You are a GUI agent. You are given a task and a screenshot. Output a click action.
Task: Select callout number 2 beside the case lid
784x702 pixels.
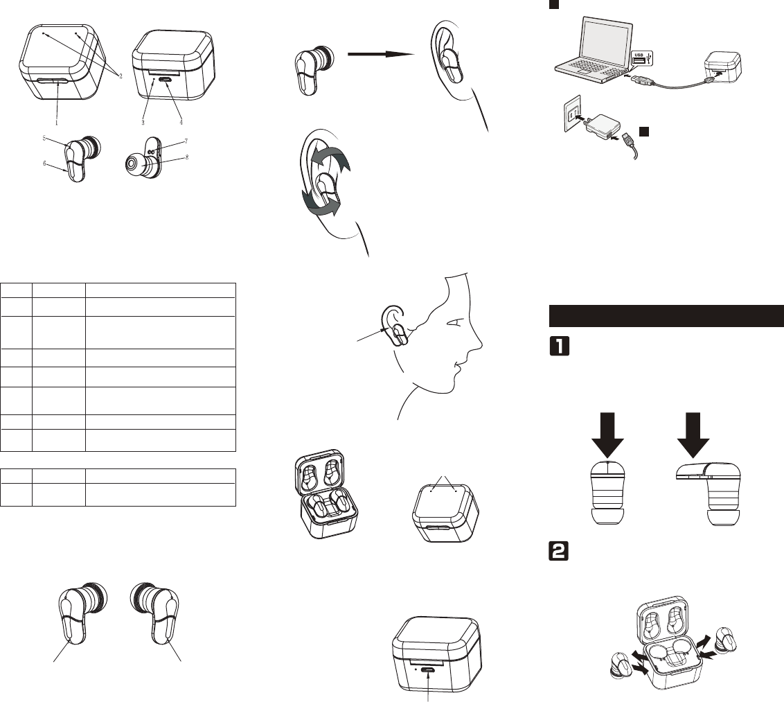[121, 76]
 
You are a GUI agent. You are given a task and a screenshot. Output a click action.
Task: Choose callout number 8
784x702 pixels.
[188, 157]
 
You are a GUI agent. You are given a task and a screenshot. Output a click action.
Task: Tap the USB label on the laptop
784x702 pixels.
[641, 55]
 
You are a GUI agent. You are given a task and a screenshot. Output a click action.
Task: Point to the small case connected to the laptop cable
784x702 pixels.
[721, 69]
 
